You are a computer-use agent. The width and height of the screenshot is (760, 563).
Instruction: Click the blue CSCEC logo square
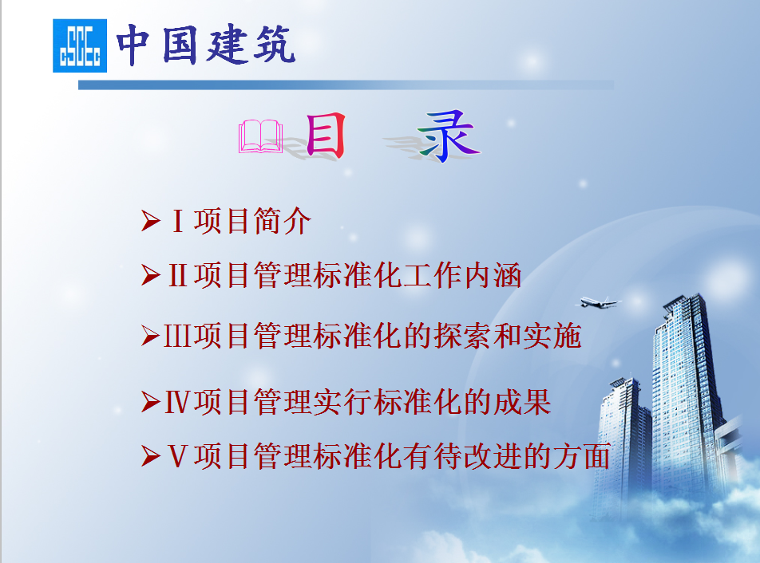(80, 45)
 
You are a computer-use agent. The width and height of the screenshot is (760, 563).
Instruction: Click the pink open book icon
(261, 136)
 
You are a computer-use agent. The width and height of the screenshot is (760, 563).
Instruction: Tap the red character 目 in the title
(325, 136)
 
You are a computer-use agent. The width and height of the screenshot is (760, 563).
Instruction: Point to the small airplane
(598, 303)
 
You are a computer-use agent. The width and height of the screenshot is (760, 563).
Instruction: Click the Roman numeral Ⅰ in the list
(178, 221)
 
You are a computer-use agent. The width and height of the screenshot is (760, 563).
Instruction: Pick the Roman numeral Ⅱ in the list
(178, 275)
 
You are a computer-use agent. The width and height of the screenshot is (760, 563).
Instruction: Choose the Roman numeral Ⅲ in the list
(177, 336)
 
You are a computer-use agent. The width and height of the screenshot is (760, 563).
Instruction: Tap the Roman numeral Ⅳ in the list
(177, 402)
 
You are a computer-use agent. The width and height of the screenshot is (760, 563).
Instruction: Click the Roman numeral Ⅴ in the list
(178, 456)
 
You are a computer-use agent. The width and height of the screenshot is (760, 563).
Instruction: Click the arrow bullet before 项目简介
(151, 221)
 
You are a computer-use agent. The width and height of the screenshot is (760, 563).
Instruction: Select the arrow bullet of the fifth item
(151, 456)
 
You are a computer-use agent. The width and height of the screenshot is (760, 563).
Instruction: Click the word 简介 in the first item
(282, 221)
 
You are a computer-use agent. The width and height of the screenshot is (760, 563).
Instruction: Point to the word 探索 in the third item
(462, 336)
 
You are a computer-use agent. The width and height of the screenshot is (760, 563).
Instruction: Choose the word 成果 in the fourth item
(522, 402)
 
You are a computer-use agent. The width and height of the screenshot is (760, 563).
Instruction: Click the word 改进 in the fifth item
(493, 456)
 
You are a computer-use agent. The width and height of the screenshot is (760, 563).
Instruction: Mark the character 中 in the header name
(133, 45)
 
